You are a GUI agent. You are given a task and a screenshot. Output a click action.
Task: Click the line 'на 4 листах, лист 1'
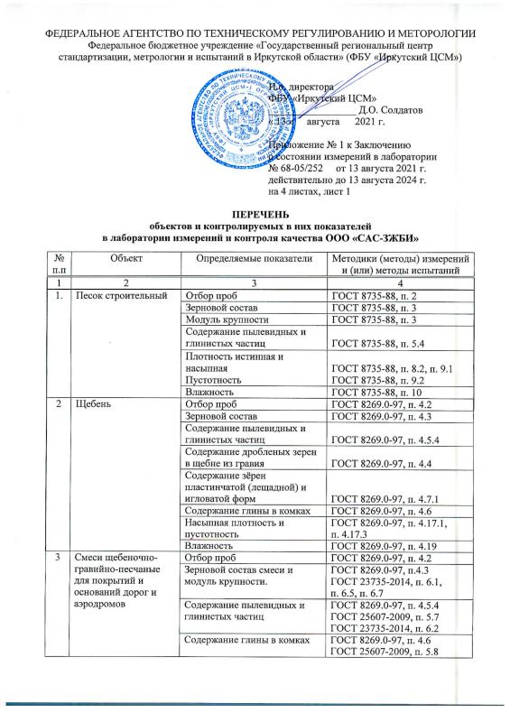tap(315, 190)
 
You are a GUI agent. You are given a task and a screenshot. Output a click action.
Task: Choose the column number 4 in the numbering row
tap(398, 282)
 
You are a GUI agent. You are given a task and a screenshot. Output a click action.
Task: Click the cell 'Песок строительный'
tap(116, 295)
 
